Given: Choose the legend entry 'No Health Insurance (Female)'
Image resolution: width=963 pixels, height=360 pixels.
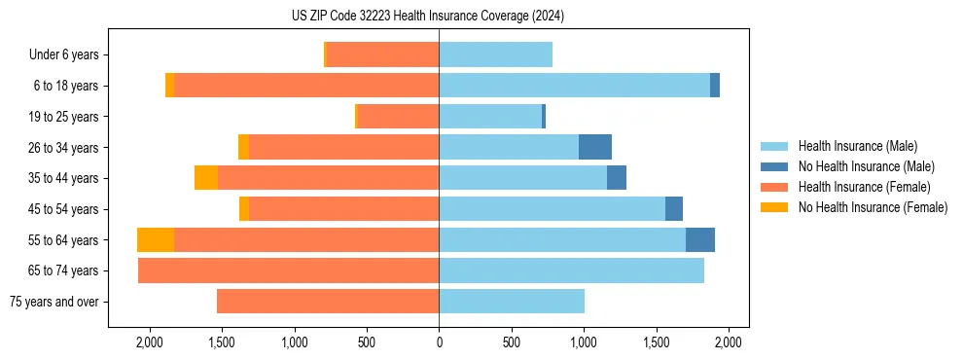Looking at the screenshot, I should [x=873, y=207].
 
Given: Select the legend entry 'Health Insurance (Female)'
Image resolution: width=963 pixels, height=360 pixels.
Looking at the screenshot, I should [x=864, y=187].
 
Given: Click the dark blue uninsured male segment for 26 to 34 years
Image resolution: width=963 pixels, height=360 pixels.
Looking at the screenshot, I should [x=595, y=147].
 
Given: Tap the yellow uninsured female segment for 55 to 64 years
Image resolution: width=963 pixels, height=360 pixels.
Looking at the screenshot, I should [x=156, y=239].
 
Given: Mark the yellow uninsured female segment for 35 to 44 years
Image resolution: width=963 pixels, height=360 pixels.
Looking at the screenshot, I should [x=206, y=178].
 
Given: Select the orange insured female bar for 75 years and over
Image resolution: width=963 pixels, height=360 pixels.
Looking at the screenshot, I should [x=328, y=302].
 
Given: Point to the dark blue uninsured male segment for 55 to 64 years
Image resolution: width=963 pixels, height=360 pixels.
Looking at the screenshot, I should [x=700, y=239].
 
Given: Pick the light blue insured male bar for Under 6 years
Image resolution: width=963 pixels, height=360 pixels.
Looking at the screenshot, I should [x=495, y=55].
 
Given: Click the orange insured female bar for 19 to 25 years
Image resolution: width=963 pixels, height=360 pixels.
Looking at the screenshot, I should [x=398, y=117].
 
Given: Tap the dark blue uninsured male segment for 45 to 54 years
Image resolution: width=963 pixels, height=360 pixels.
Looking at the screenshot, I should [x=674, y=209].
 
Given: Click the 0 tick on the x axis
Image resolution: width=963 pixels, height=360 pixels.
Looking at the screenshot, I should [x=439, y=342].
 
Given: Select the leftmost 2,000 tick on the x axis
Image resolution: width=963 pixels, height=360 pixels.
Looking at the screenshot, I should [x=149, y=342].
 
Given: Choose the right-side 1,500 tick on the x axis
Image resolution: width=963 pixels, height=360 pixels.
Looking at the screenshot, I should [x=657, y=342].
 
